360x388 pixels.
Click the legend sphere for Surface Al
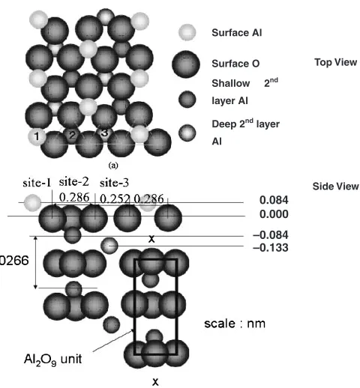tap(187, 32)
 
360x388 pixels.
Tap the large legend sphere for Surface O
tap(186, 64)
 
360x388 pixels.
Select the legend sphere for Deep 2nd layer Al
tap(187, 133)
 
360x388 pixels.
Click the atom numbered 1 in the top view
tap(37, 136)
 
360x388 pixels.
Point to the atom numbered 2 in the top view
tap(72, 135)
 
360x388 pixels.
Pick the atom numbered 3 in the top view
tap(104, 133)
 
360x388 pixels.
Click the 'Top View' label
tap(335, 62)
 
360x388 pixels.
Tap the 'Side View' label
tap(335, 187)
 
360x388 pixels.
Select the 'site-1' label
tap(37, 183)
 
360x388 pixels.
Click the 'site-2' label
tap(73, 182)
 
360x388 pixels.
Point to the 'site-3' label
tap(114, 183)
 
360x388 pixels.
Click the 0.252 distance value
tap(115, 198)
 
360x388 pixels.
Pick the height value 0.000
tap(274, 214)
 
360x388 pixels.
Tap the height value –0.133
tap(271, 248)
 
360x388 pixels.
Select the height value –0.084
tap(271, 235)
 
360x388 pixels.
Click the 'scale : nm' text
tap(235, 324)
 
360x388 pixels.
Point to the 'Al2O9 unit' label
tap(52, 360)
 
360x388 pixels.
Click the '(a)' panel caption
tap(113, 166)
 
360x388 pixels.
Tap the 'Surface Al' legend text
tap(237, 33)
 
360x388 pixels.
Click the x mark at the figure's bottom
tap(155, 382)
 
